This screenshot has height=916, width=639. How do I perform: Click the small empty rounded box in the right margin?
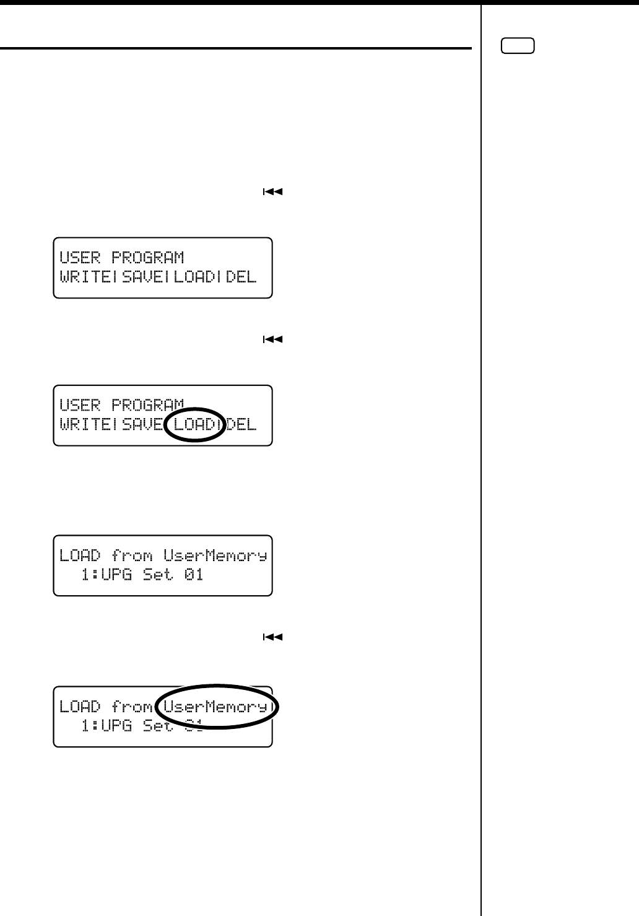click(519, 46)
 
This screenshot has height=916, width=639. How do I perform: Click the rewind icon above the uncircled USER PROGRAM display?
click(273, 193)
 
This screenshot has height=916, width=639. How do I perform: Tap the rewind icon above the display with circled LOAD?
click(273, 339)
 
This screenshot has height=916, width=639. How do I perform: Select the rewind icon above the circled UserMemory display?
click(273, 637)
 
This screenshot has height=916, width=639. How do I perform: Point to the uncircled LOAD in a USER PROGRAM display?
click(194, 277)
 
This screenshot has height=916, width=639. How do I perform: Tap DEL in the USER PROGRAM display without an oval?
click(241, 277)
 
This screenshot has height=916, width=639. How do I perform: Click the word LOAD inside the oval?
click(194, 424)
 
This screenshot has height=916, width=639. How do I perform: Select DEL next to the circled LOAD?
click(241, 424)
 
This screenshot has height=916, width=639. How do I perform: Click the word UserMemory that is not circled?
click(215, 556)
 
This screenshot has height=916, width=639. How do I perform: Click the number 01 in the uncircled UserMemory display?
click(194, 575)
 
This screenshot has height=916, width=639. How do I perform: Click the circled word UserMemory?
click(215, 707)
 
